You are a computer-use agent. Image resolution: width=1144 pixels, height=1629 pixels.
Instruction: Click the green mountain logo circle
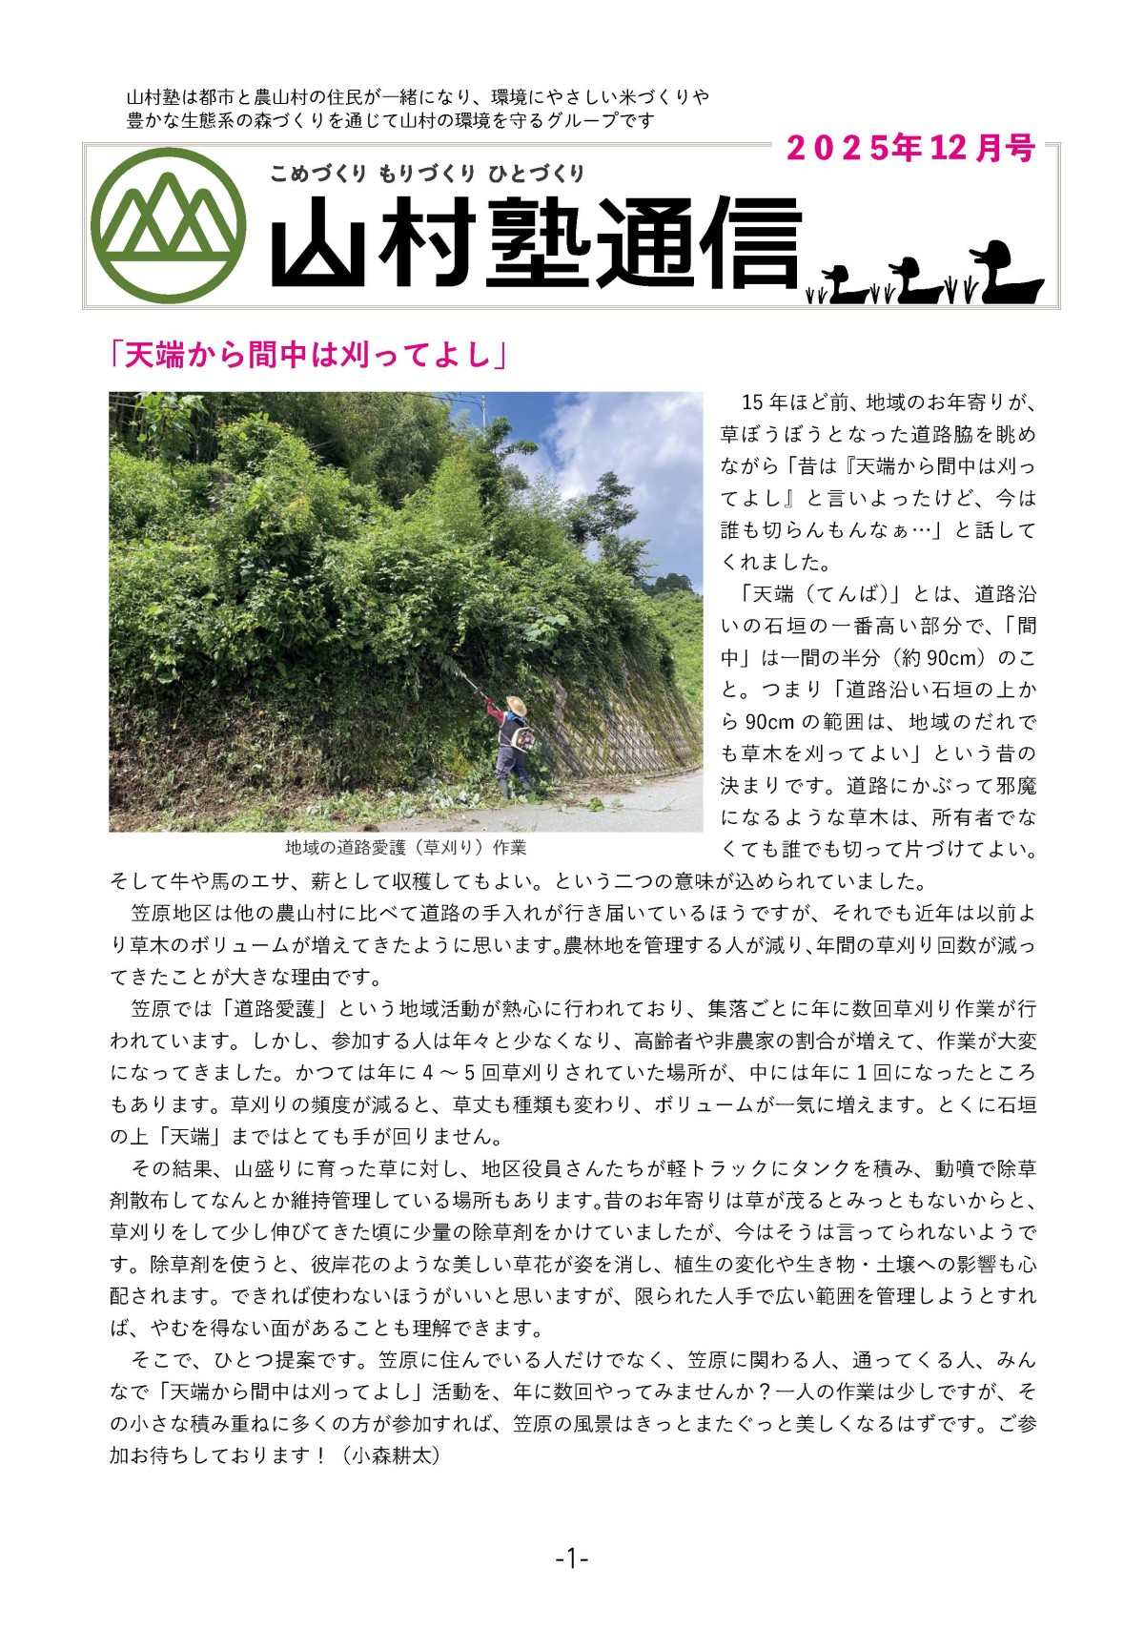pyautogui.click(x=171, y=225)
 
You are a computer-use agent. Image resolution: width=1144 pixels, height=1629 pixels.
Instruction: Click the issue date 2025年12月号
pyautogui.click(x=910, y=148)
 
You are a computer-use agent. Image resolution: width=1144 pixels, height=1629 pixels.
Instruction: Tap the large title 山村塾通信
pyautogui.click(x=534, y=242)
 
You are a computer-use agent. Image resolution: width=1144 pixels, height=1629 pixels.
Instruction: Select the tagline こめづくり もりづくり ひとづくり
pyautogui.click(x=427, y=173)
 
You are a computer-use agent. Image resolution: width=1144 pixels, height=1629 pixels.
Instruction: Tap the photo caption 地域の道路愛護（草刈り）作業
pyautogui.click(x=405, y=847)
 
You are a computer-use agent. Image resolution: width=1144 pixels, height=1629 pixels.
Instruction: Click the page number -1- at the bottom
pyautogui.click(x=571, y=1559)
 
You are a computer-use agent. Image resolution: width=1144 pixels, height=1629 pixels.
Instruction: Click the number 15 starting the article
pyautogui.click(x=752, y=402)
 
